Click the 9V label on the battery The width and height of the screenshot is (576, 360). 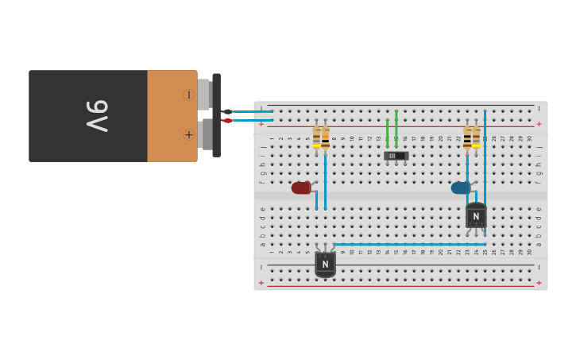click(97, 116)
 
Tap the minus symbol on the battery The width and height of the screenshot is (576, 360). click(188, 95)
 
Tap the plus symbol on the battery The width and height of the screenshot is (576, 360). click(188, 135)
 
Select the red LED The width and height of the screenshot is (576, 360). click(300, 188)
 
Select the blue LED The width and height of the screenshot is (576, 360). click(460, 188)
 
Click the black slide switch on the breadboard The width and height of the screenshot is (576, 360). click(396, 156)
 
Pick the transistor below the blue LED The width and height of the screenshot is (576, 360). click(476, 216)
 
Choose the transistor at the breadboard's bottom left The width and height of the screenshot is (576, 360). click(325, 263)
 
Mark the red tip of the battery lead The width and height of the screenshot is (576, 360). click(227, 120)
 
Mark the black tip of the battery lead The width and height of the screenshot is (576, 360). click(227, 111)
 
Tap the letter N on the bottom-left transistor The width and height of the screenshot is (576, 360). click(325, 264)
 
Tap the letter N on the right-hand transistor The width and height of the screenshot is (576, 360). click(476, 215)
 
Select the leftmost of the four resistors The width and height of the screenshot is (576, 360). click(316, 137)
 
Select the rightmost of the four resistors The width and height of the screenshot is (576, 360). click(476, 137)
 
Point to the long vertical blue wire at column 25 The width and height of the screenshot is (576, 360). click(485, 175)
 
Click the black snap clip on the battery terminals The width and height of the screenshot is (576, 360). click(216, 115)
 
